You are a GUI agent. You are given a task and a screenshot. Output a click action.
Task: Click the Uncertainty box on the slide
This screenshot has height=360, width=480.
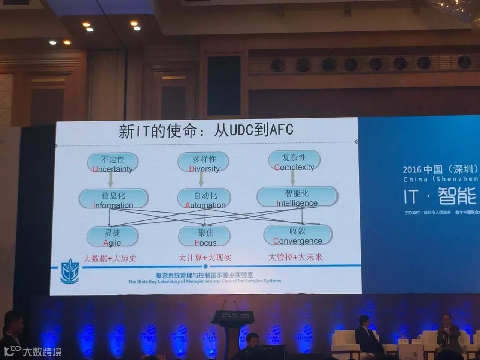112,163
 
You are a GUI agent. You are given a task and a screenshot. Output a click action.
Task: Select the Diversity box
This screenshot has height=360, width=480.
203,163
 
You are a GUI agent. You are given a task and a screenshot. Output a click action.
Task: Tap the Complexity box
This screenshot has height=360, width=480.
294,162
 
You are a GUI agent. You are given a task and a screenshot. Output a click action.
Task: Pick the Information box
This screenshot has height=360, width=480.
113,199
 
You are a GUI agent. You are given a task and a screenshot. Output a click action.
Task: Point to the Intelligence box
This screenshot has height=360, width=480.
297,198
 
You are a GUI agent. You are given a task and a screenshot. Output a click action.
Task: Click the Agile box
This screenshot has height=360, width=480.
112,237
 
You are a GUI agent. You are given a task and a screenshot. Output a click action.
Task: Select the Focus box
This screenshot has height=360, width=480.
205,237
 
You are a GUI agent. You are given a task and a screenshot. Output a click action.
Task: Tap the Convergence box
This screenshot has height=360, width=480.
298,235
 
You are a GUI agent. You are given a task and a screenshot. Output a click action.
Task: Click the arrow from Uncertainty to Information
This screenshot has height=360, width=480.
111,181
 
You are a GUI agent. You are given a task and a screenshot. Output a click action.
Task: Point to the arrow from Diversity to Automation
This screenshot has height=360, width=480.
201,180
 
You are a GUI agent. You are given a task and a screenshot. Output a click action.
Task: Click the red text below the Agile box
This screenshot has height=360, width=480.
109,258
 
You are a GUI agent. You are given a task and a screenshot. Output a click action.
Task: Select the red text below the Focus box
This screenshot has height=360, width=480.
204,258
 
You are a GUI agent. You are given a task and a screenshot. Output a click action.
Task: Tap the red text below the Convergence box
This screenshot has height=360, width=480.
295,257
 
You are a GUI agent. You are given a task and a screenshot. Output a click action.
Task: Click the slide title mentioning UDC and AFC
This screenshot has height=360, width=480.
206,130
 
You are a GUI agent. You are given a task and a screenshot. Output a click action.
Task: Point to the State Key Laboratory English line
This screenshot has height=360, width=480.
204,281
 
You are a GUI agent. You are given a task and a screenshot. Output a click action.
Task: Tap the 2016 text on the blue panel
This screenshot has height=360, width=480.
411,170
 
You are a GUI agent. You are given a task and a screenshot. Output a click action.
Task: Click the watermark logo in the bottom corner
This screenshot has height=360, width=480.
33,351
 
